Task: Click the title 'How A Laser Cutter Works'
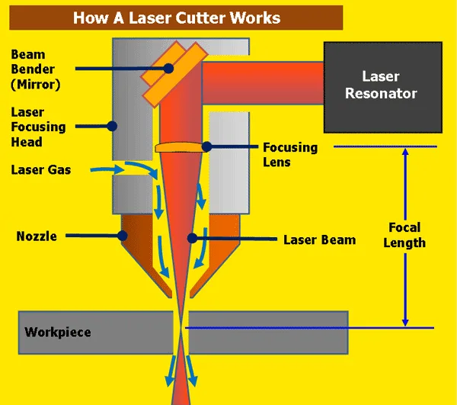coord(176,17)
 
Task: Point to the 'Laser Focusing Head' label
coord(38,127)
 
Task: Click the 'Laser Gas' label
coord(41,169)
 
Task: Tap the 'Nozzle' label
coord(37,236)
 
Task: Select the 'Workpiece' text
coord(58,333)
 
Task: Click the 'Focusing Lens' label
coord(289,154)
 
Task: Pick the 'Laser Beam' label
coord(319,239)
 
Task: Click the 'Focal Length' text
coord(404,236)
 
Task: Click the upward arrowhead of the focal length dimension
coord(405,153)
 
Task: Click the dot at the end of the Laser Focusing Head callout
coord(111,125)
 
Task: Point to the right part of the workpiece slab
coord(267,333)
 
